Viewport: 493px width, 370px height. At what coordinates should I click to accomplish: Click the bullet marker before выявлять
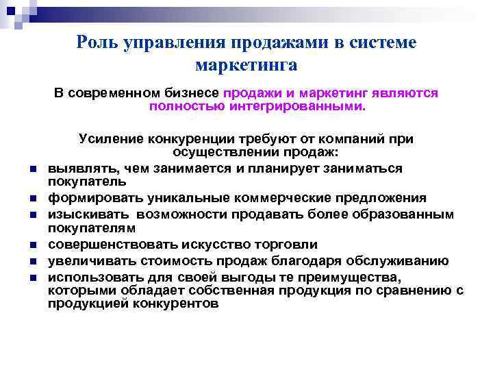coord(33,169)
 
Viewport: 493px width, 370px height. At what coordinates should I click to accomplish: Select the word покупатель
coord(86,182)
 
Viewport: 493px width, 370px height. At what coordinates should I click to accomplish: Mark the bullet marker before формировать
coord(33,199)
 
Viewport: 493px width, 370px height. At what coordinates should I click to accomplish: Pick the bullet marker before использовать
coord(33,277)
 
